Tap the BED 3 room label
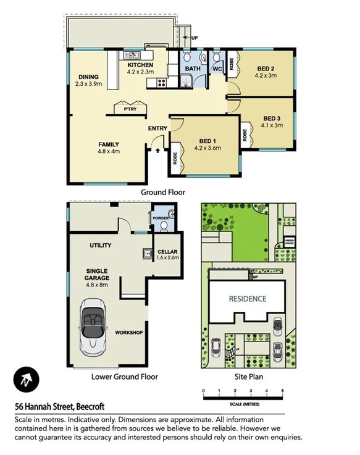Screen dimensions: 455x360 [272, 118]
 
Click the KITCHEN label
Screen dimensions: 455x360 [140, 65]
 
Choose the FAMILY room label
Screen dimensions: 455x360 [108, 144]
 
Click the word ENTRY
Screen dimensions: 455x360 [158, 128]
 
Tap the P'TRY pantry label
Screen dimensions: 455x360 [130, 109]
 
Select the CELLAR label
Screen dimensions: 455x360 [167, 251]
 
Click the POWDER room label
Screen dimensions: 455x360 [162, 217]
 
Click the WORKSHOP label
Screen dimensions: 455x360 [130, 333]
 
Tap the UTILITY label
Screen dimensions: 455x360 [100, 245]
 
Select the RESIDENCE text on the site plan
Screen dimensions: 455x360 [248, 299]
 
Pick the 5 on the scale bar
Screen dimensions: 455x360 [282, 391]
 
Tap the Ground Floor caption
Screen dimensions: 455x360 [163, 192]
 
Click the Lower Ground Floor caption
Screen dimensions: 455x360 [124, 376]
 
